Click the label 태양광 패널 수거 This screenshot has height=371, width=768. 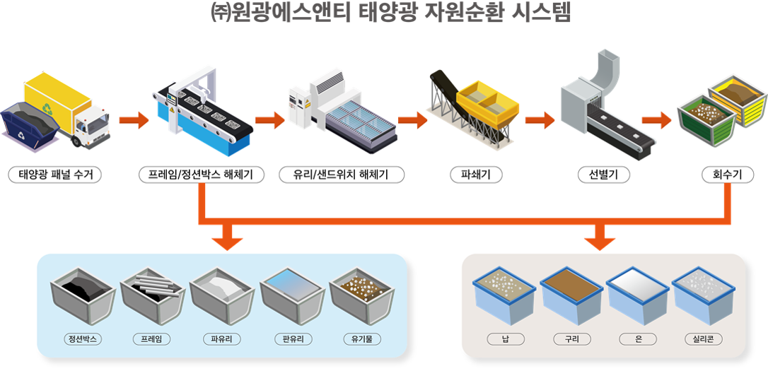pyautogui.click(x=55, y=175)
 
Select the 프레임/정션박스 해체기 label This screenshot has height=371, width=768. pyautogui.click(x=202, y=175)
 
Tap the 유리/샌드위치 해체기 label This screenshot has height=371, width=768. pyautogui.click(x=341, y=175)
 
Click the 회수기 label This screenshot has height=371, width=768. pyautogui.click(x=728, y=175)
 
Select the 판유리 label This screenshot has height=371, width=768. pyautogui.click(x=293, y=339)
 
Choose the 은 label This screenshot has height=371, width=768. pyautogui.click(x=638, y=339)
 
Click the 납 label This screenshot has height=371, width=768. pyautogui.click(x=506, y=339)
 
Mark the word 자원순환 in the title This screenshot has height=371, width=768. pyautogui.click(x=460, y=13)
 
